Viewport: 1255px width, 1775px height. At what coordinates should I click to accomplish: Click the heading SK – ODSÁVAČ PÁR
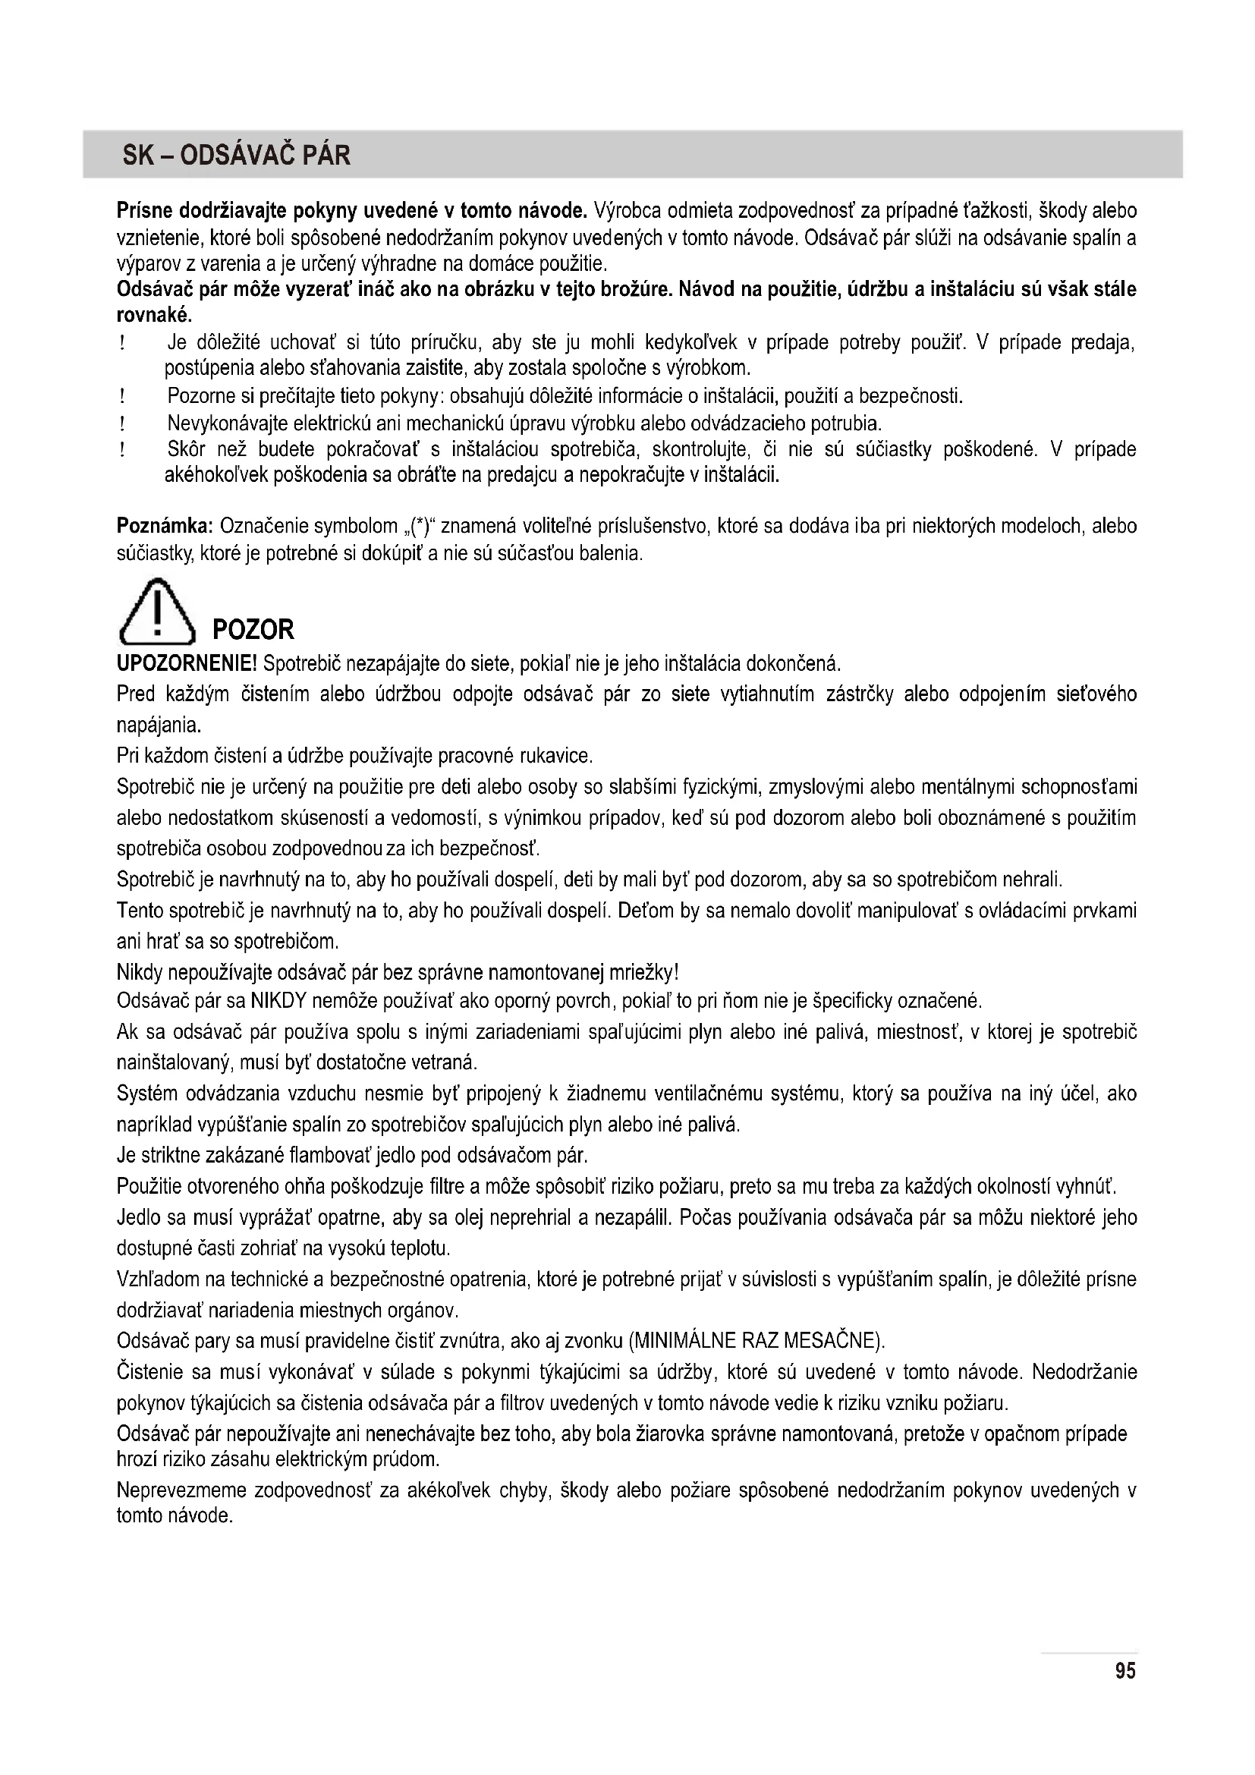(x=236, y=156)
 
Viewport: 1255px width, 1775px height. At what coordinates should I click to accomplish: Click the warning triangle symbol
(x=157, y=613)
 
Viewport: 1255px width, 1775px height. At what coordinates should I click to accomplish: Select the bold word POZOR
(x=253, y=629)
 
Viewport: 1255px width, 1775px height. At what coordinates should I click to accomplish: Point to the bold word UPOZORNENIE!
(x=187, y=663)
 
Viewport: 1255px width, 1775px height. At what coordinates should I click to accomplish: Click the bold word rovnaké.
(x=154, y=316)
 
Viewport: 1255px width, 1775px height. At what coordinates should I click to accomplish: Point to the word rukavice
(x=558, y=754)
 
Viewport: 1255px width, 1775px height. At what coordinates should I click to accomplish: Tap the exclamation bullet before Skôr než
(x=123, y=450)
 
